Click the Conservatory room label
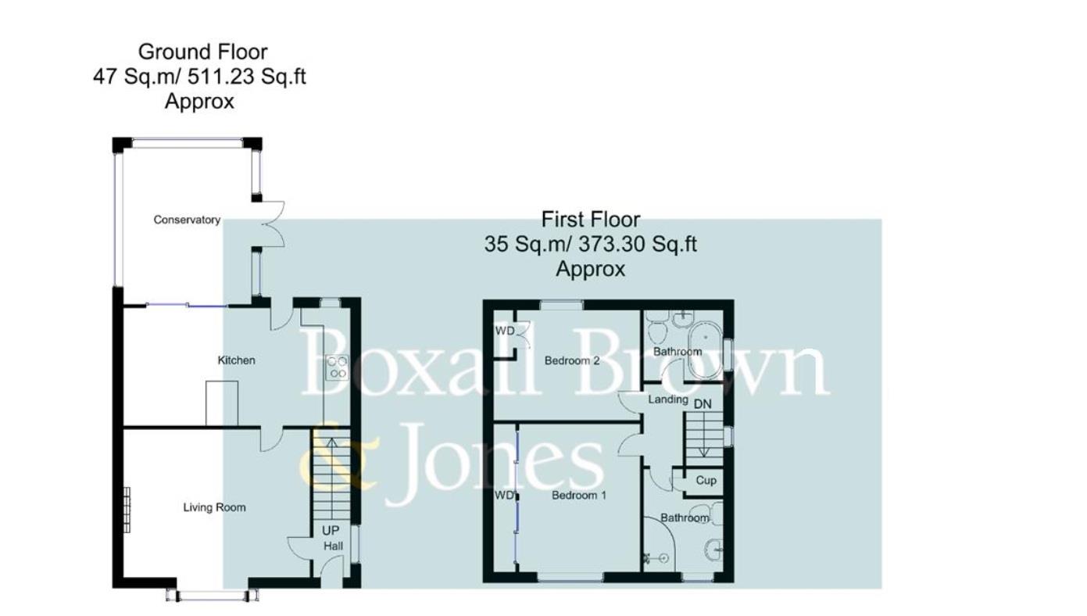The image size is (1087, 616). [187, 220]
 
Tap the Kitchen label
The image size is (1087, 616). [236, 360]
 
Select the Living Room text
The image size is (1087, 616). [214, 507]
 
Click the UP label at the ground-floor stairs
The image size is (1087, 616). [331, 531]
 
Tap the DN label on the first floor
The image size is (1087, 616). [703, 403]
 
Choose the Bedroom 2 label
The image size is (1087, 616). [572, 361]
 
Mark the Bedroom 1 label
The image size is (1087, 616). [579, 496]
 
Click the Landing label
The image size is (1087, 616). [668, 399]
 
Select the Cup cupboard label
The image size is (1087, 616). [706, 481]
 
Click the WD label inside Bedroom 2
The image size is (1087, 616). [505, 331]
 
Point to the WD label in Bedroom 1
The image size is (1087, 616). [504, 496]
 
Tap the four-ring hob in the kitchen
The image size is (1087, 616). [338, 367]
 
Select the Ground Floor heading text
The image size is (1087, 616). [202, 52]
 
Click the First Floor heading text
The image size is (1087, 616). [590, 220]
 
